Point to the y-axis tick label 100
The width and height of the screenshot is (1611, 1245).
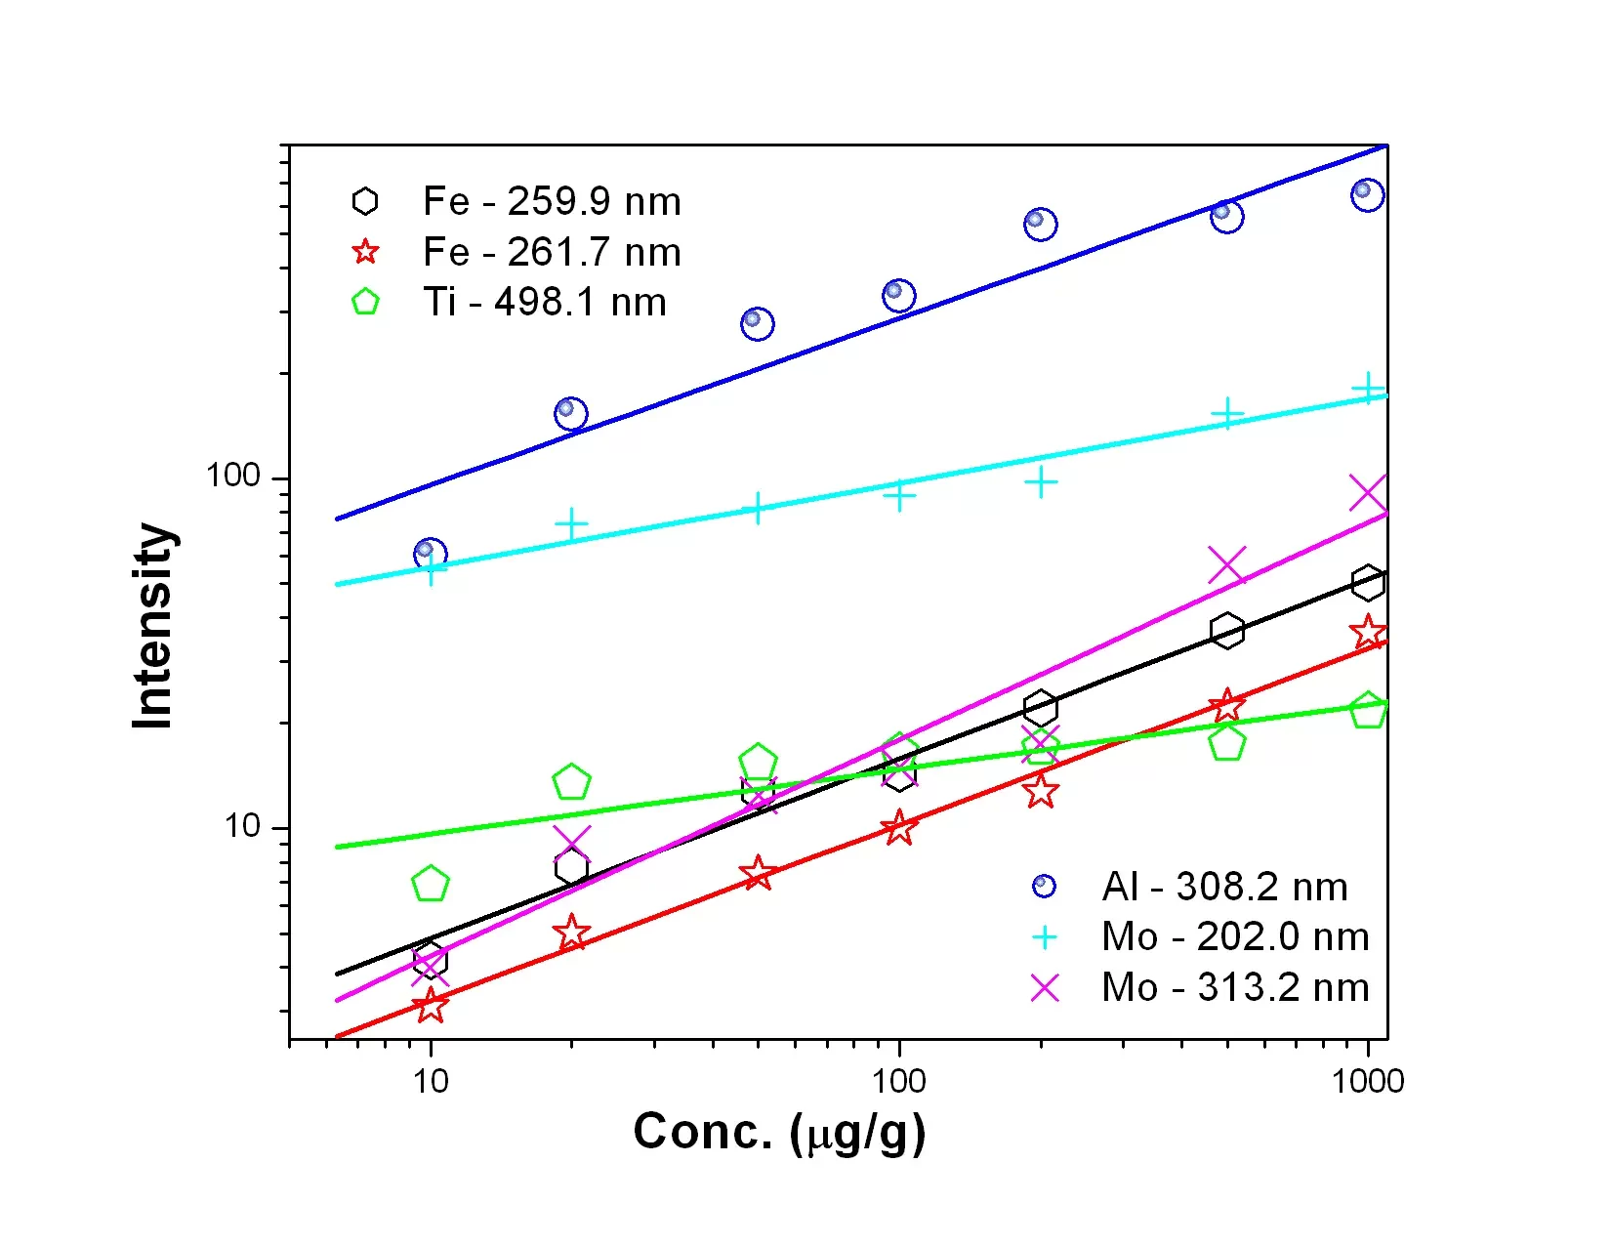233,477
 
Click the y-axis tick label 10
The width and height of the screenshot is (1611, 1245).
242,827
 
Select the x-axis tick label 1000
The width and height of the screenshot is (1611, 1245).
1368,1081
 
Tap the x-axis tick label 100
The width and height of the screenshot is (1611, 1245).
898,1081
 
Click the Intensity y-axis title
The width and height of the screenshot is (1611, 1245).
153,625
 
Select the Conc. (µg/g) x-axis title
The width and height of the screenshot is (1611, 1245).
779,1133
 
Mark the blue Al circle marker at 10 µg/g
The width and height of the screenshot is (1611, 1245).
430,555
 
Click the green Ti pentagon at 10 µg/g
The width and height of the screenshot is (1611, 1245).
431,885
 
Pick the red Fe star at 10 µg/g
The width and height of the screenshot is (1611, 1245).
431,1006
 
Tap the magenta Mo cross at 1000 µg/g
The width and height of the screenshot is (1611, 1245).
1368,494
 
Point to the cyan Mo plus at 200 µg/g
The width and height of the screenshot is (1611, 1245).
1041,482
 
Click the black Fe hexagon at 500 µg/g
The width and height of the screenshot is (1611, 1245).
1226,631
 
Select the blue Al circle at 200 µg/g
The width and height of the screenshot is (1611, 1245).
1040,224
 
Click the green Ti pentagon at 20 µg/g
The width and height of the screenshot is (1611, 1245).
571,782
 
